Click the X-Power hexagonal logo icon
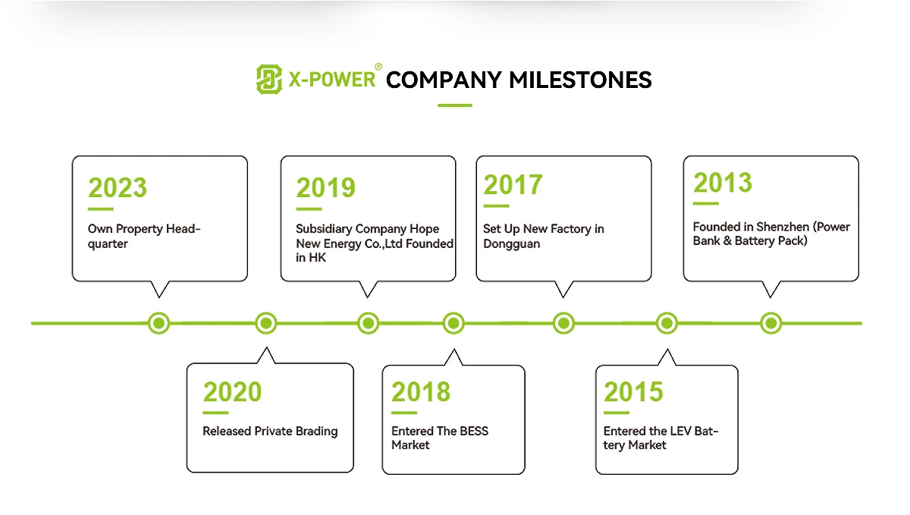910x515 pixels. (269, 80)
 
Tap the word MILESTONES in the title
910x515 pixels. (580, 80)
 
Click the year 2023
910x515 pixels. (118, 187)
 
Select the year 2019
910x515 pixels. (325, 187)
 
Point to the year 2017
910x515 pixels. (513, 184)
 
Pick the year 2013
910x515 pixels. (722, 183)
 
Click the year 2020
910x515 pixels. (232, 392)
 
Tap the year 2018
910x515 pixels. (421, 392)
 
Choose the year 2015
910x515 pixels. (633, 392)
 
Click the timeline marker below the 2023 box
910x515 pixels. (158, 323)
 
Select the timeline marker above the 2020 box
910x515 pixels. (266, 323)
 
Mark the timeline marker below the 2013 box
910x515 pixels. (771, 323)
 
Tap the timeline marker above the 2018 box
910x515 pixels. (453, 323)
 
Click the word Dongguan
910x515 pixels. (511, 244)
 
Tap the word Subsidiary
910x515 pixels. (324, 229)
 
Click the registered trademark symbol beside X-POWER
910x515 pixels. (378, 67)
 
